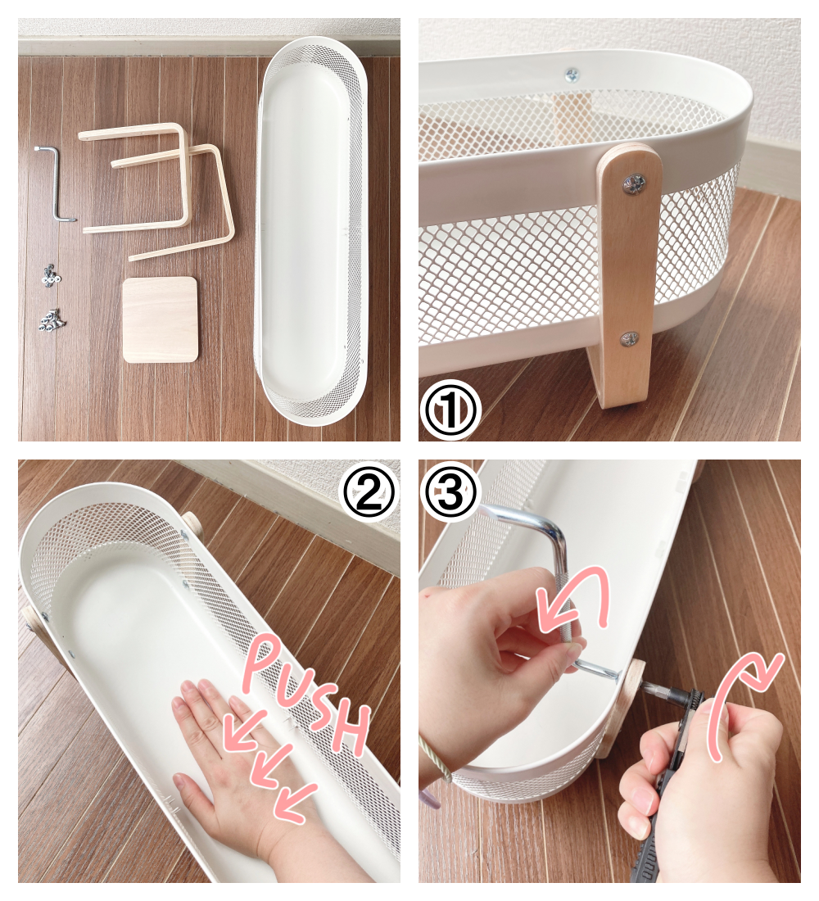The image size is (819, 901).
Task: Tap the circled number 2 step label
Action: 368,494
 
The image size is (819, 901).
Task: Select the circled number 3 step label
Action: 450,494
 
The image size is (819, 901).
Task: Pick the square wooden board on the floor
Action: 161,319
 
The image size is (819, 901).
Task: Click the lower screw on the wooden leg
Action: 630,338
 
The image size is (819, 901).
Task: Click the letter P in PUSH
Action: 264,664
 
